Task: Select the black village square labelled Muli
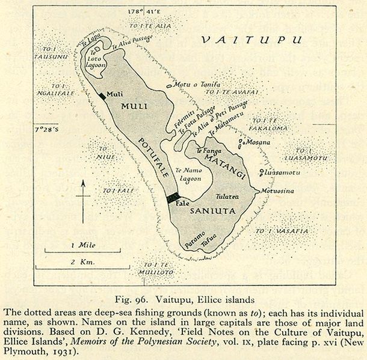[100, 95]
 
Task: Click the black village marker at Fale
[173, 198]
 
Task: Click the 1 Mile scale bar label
[80, 245]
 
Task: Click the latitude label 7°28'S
[48, 129]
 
